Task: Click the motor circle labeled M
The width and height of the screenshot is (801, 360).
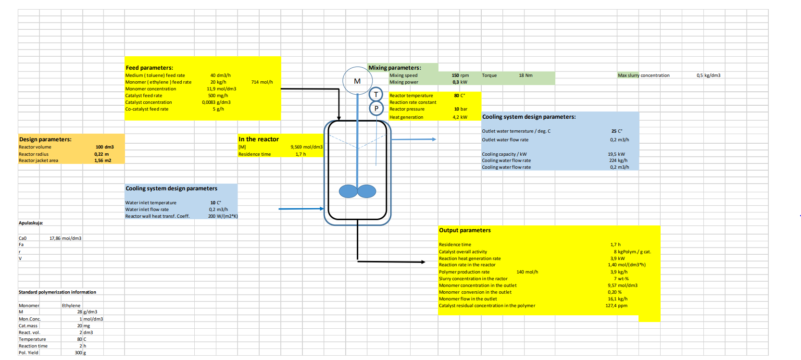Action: pyautogui.click(x=357, y=81)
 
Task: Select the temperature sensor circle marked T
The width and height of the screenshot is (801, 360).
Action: pyautogui.click(x=376, y=95)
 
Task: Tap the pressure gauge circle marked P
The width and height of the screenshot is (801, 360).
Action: pyautogui.click(x=376, y=109)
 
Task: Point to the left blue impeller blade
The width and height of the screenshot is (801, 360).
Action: pyautogui.click(x=348, y=191)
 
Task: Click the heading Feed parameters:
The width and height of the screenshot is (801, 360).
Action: pyautogui.click(x=149, y=68)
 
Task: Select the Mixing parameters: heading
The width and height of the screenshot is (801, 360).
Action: pyautogui.click(x=394, y=68)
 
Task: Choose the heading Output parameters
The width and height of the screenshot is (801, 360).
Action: pyautogui.click(x=464, y=230)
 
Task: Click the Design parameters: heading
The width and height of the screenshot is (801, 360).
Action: pyautogui.click(x=45, y=139)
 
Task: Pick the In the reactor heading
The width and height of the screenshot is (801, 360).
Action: pyautogui.click(x=258, y=139)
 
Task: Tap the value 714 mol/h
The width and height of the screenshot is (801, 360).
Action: pyautogui.click(x=262, y=82)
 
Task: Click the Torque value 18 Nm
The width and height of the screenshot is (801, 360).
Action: pyautogui.click(x=526, y=75)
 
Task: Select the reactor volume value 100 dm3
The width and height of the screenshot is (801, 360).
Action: pyautogui.click(x=104, y=147)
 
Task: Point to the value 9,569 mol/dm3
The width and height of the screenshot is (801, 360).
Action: pyautogui.click(x=306, y=147)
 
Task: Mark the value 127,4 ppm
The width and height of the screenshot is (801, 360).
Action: pyautogui.click(x=616, y=306)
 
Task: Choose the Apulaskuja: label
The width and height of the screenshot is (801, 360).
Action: pyautogui.click(x=31, y=223)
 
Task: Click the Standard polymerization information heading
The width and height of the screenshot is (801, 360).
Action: pyautogui.click(x=57, y=292)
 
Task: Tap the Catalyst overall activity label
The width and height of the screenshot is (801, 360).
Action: pyautogui.click(x=463, y=252)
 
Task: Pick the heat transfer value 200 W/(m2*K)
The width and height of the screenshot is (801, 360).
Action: pyautogui.click(x=223, y=216)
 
